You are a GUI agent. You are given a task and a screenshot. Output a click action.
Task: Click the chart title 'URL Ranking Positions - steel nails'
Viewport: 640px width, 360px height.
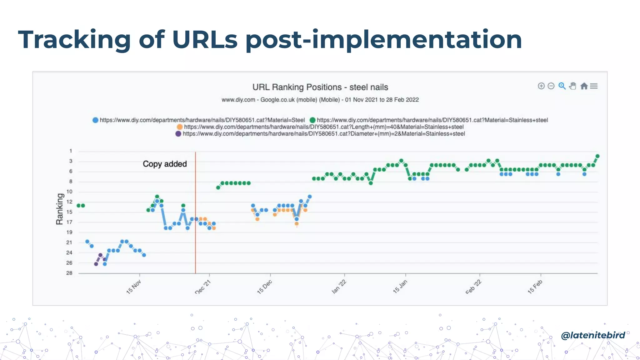pos(320,87)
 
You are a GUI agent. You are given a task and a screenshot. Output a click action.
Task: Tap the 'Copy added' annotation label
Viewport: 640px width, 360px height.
pos(165,164)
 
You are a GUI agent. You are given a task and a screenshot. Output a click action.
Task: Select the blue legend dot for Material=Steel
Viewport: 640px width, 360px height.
pos(96,120)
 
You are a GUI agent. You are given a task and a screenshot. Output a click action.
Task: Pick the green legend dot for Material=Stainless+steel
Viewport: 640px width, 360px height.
pos(312,120)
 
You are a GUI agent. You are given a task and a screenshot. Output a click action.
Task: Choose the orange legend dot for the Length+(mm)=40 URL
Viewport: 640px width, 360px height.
pos(180,127)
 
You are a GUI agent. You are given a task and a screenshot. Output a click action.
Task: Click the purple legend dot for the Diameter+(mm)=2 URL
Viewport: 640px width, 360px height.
pos(178,134)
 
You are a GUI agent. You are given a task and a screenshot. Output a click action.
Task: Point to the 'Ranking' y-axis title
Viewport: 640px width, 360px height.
pos(60,209)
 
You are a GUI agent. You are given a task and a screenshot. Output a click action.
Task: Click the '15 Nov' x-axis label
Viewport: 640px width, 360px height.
pos(134,287)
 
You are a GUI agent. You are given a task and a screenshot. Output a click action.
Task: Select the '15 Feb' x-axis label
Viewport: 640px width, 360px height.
pos(535,287)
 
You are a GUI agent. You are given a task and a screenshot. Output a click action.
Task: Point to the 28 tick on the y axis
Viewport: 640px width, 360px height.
pos(69,273)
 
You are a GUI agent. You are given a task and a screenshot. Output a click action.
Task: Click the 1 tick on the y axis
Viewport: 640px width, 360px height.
pos(71,151)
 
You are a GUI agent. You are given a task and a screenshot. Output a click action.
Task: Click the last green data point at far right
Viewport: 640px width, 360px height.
pos(597,156)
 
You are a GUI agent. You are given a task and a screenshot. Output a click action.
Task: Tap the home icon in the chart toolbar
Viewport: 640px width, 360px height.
pos(584,86)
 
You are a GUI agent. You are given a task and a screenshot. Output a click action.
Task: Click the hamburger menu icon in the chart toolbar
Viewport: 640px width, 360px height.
pos(594,86)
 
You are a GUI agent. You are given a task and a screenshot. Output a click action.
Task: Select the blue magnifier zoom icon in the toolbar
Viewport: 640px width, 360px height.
pos(562,86)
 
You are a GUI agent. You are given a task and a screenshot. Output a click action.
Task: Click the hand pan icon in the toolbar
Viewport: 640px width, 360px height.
pos(572,86)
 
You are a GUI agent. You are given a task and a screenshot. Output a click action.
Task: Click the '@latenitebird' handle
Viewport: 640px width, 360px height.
pos(593,335)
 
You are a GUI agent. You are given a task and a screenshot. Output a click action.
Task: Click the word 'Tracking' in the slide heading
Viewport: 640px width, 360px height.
pos(74,40)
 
